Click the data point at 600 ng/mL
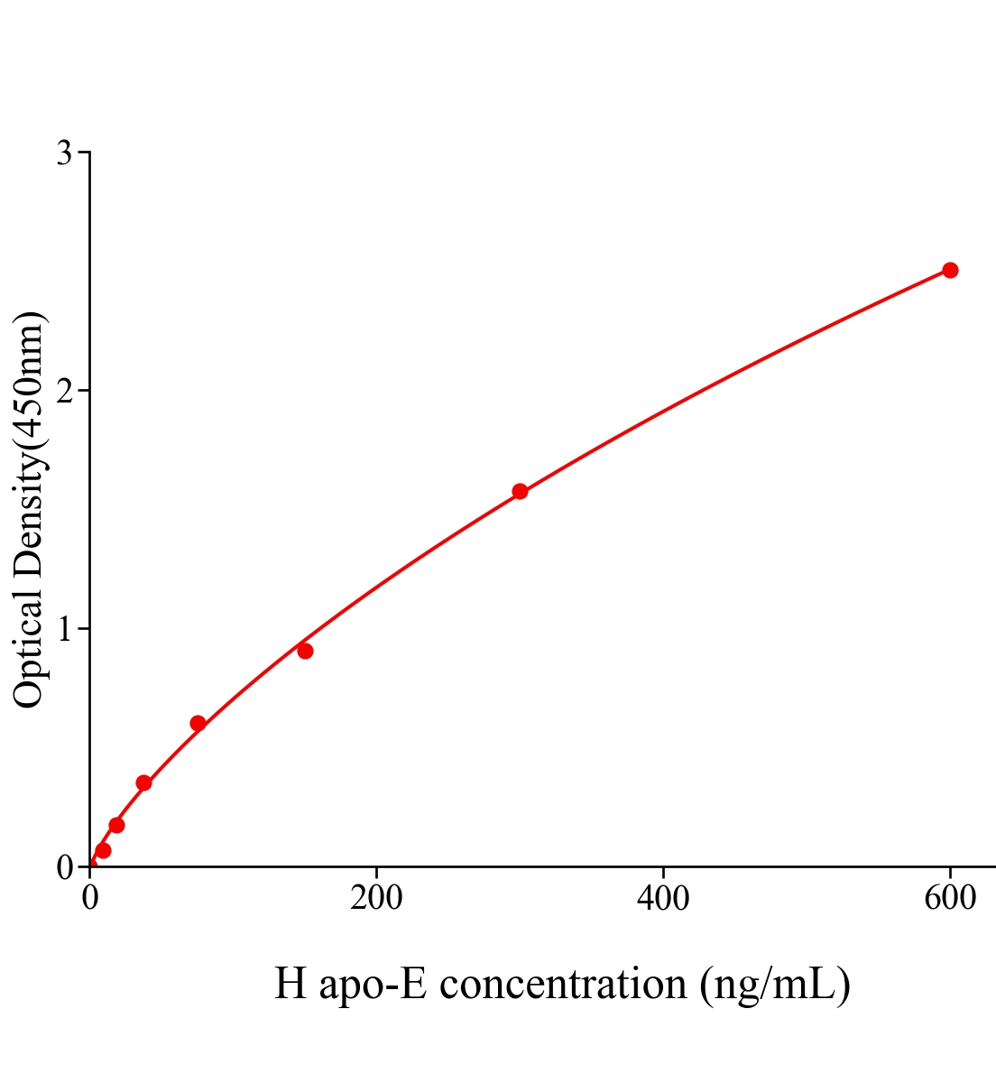(949, 270)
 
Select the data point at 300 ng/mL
(520, 491)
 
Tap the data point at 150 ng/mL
(305, 651)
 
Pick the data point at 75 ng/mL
(198, 723)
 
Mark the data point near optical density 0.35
(143, 782)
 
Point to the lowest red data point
(103, 850)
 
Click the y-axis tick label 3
(64, 153)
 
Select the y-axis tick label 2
(64, 391)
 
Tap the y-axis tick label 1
(64, 629)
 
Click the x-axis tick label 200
(376, 898)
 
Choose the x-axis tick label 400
(663, 898)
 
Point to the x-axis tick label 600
(949, 898)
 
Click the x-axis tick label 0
(90, 898)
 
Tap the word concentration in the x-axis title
(563, 984)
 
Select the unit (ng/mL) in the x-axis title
(775, 984)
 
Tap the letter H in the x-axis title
(290, 984)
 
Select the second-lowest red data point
(116, 825)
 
